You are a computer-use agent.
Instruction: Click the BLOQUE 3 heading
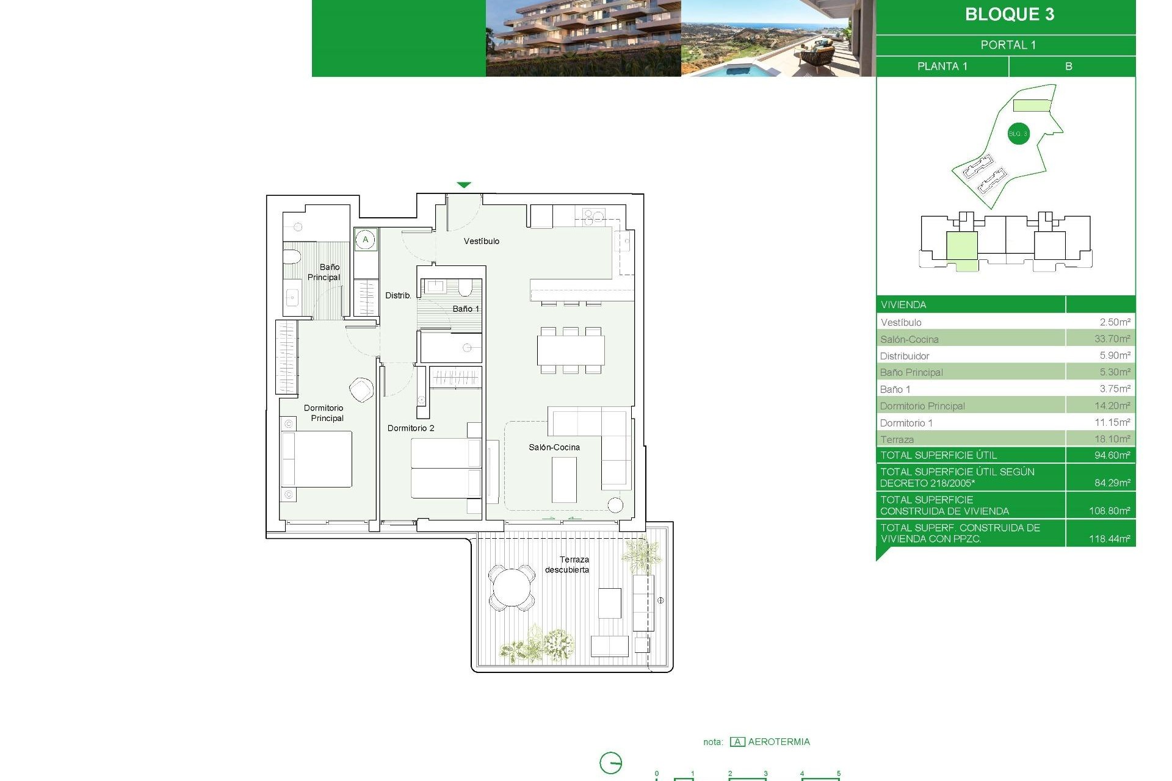click(x=1009, y=15)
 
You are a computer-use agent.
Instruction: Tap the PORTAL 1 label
click(x=1008, y=45)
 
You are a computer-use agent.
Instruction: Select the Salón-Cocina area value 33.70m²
click(x=1112, y=339)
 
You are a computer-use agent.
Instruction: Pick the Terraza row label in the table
click(x=897, y=439)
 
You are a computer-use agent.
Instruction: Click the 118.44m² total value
click(x=1109, y=539)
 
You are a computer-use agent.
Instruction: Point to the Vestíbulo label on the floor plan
click(x=481, y=241)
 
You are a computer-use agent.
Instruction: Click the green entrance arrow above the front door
click(x=464, y=185)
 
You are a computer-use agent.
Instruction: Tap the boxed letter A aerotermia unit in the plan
click(x=366, y=239)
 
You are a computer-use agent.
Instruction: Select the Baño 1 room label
click(x=466, y=309)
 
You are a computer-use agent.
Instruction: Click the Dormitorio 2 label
click(x=411, y=428)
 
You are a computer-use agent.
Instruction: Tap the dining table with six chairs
click(x=571, y=350)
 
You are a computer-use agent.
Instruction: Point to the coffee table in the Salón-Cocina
click(x=564, y=479)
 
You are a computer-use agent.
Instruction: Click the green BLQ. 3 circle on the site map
click(x=1018, y=134)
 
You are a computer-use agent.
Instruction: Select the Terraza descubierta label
click(x=568, y=564)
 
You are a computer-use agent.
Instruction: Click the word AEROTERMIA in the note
click(x=779, y=742)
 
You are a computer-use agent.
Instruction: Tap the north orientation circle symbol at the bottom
click(x=610, y=763)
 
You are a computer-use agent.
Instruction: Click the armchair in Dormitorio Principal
click(x=361, y=389)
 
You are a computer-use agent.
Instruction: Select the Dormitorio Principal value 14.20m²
click(x=1112, y=406)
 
